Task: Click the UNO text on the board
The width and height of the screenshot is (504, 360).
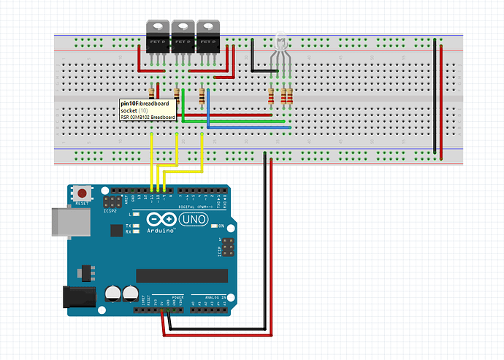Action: [x=191, y=219]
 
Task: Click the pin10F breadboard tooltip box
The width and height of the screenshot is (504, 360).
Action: [x=150, y=110]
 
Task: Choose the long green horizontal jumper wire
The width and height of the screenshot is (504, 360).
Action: [x=234, y=120]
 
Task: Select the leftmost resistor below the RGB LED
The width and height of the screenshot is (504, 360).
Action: [x=272, y=96]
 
